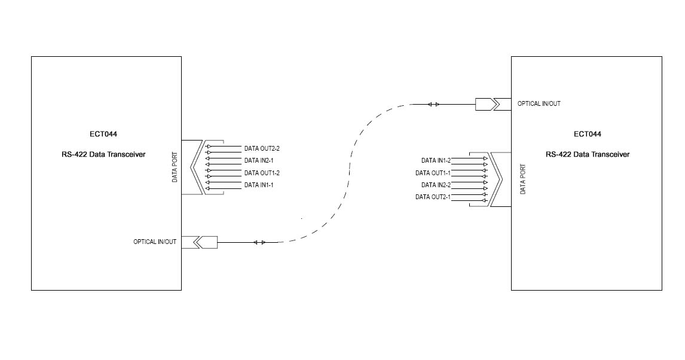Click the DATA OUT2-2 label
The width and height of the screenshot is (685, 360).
262,148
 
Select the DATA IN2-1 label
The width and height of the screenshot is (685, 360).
259,161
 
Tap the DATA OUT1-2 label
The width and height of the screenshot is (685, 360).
262,173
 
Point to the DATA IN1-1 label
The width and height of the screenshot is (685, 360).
259,185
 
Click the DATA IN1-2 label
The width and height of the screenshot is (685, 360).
436,161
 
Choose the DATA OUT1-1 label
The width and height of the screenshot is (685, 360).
433,173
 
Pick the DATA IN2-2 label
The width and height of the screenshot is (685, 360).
436,185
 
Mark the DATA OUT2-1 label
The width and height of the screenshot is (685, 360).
433,197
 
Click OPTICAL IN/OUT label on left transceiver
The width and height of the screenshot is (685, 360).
155,242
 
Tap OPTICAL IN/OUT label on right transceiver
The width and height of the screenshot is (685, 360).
539,103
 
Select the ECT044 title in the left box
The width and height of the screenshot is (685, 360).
103,134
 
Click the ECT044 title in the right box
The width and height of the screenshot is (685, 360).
587,134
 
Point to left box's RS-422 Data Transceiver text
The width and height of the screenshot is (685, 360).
103,154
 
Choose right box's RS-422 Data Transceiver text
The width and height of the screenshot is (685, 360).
587,154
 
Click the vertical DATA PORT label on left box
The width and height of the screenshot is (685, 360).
175,167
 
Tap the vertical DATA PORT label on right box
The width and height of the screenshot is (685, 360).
523,179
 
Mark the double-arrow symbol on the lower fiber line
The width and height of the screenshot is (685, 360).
259,242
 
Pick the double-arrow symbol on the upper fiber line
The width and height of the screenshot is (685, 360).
433,105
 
